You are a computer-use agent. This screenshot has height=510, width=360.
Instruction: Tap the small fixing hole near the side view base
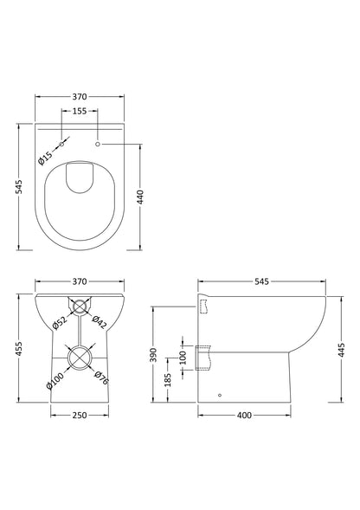tap(220, 396)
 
